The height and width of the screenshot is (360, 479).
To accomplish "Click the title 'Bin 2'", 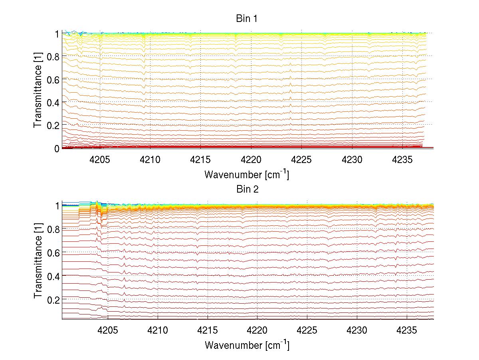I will tap(247, 189).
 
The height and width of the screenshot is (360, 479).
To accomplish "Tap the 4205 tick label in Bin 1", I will tap(99, 160).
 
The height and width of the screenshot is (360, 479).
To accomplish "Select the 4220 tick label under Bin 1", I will tap(251, 160).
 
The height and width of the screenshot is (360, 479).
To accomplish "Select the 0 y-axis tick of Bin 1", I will tap(57, 148).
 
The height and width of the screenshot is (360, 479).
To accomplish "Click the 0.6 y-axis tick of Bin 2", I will tap(53, 253).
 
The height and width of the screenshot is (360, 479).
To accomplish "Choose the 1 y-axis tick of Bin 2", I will tap(57, 206).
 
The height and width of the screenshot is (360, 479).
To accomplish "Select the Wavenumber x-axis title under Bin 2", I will tap(247, 345).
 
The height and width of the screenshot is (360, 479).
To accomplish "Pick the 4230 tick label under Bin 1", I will tap(352, 160).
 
